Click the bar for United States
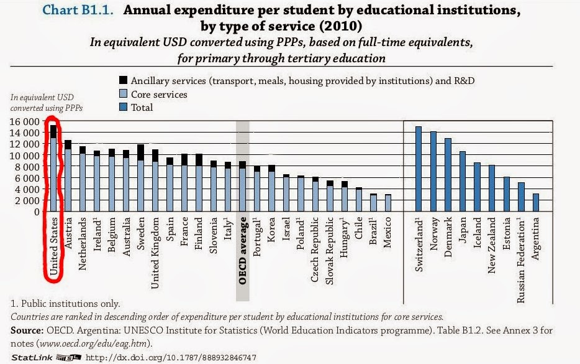53,168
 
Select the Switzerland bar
419,169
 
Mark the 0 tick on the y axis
37,212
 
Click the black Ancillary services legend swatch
123,81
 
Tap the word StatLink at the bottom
27,358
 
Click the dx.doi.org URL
170,358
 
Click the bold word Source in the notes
29,330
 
